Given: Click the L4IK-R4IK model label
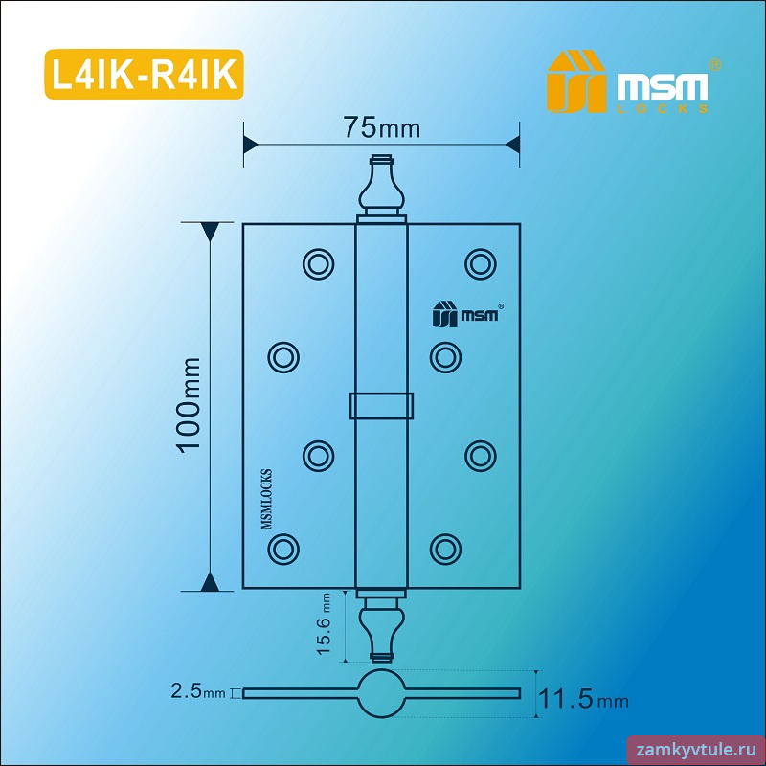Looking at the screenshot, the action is tap(145, 75).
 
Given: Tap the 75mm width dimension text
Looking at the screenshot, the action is tap(381, 128).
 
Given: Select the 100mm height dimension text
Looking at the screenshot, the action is tap(189, 405).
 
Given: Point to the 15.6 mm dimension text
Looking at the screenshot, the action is tap(324, 624).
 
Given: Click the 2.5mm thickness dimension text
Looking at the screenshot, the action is tap(198, 690).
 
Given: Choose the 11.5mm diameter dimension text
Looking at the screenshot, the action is tap(583, 699).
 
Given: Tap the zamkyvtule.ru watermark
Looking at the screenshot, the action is tap(697, 750).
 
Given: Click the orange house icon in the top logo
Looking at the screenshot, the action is tap(575, 81).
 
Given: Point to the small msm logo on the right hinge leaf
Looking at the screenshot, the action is tap(467, 313).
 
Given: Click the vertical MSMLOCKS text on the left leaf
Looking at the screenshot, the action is tap(267, 499).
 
